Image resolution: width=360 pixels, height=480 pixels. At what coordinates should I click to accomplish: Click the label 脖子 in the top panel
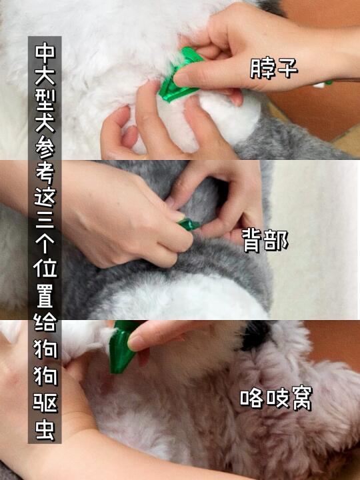274,67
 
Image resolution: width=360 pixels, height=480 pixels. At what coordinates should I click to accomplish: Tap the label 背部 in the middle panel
265,241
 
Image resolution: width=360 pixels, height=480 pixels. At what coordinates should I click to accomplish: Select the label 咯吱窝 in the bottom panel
276,398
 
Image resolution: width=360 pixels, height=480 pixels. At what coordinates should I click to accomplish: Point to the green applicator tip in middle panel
189,224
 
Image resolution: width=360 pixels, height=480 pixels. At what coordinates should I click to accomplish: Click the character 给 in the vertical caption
45,322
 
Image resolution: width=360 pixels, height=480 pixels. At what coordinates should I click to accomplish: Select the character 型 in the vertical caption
45,99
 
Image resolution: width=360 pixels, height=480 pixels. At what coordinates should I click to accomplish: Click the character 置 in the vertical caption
45,295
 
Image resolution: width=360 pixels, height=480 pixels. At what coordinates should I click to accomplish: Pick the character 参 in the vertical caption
45,147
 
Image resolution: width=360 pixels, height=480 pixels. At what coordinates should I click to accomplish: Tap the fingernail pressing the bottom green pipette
133,343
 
